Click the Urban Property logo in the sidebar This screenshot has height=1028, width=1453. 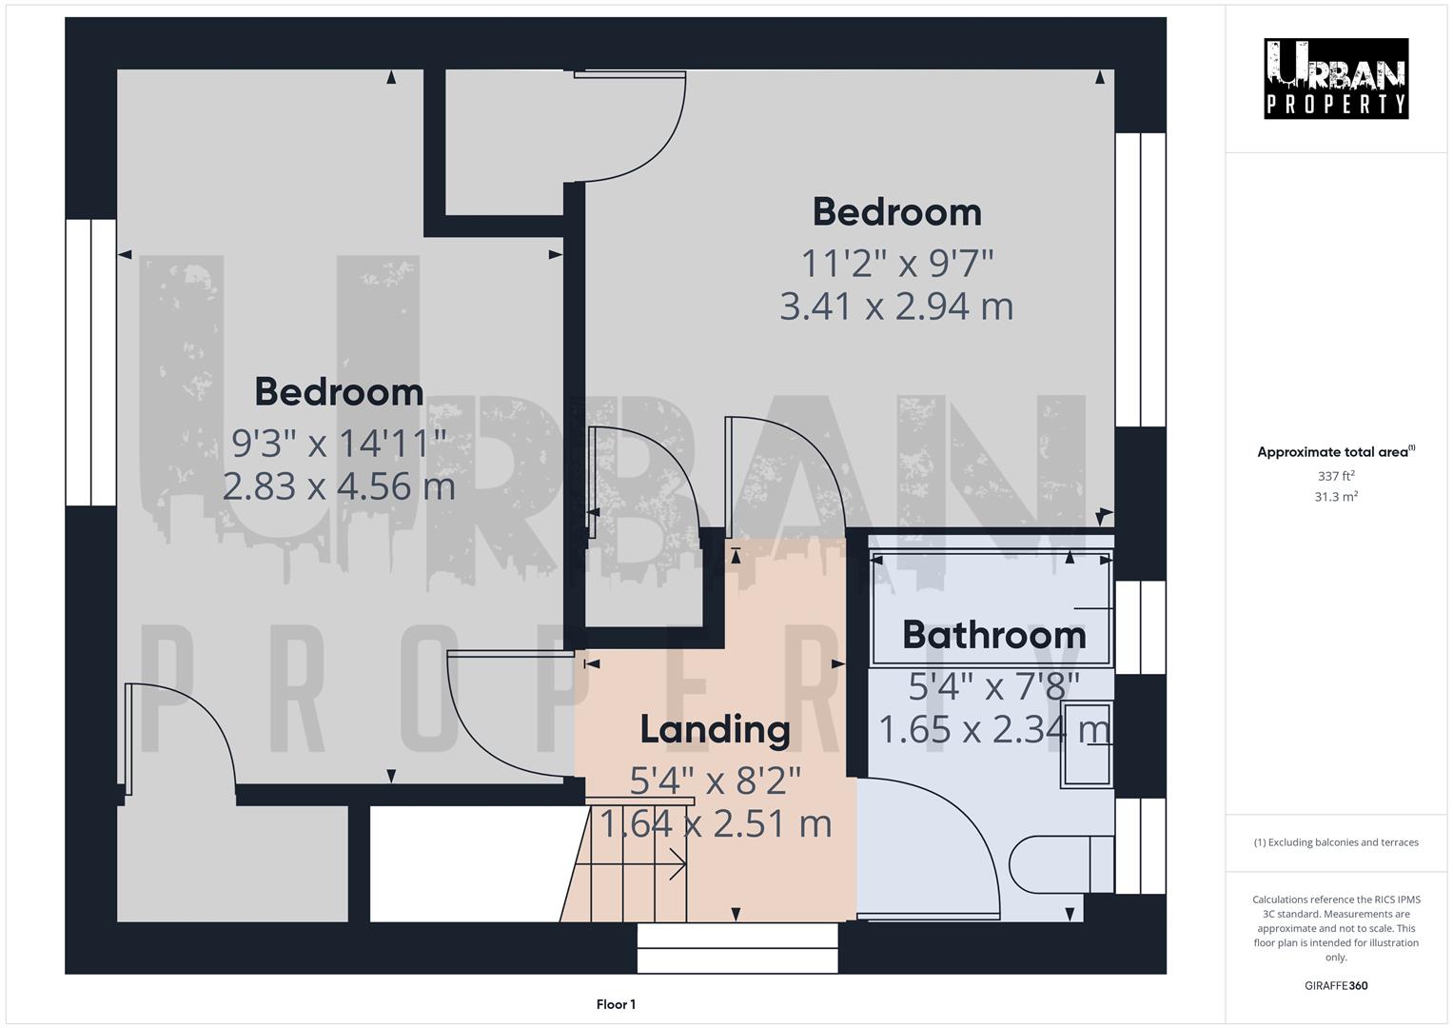tap(1335, 78)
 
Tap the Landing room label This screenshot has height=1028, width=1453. tap(715, 729)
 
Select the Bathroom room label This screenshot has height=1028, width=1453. tap(993, 635)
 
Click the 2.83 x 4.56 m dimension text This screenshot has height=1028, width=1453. tap(339, 486)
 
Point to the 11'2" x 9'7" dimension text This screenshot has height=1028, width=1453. tap(896, 261)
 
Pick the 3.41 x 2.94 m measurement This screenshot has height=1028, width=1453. tap(896, 306)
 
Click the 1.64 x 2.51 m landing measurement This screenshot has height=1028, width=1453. tap(715, 823)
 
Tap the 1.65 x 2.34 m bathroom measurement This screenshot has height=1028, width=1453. tap(993, 730)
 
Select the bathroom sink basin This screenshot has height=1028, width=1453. tap(1087, 745)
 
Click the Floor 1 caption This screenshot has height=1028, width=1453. tap(616, 1004)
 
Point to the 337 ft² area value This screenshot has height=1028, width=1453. tap(1335, 476)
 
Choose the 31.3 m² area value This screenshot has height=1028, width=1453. tap(1335, 497)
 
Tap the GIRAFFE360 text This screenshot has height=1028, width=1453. tap(1335, 985)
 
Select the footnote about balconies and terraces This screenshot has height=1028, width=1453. tap(1335, 842)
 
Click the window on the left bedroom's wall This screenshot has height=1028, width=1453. tap(90, 362)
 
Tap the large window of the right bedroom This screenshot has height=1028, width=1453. tap(1140, 279)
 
